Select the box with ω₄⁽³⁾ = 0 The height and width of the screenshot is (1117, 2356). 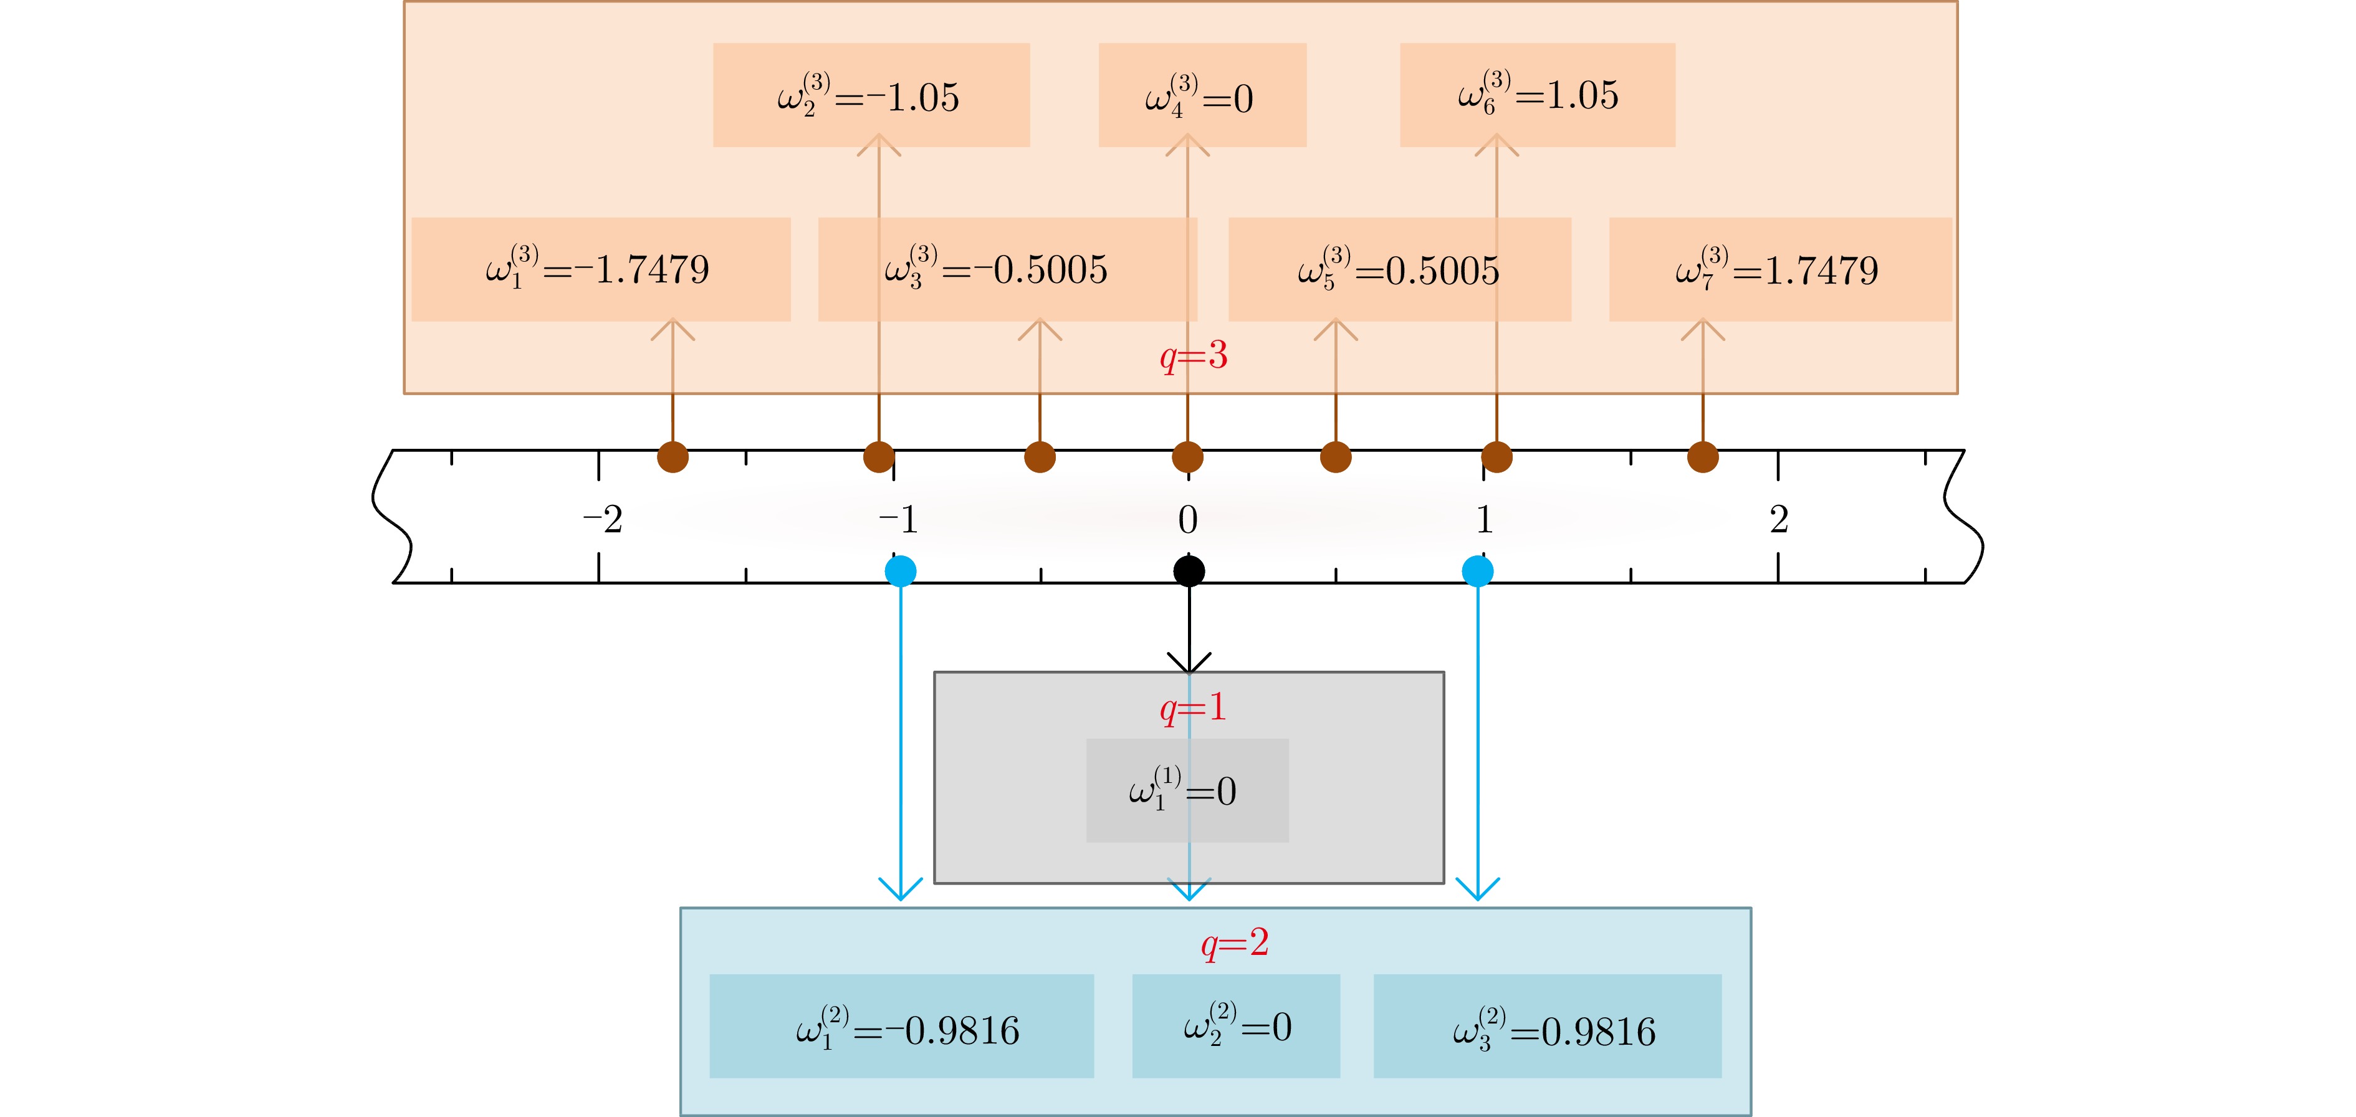click(1202, 95)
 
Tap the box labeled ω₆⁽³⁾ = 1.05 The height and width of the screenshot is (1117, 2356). click(1536, 95)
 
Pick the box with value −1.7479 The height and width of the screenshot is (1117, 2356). click(600, 269)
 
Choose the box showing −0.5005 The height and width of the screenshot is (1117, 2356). click(1006, 269)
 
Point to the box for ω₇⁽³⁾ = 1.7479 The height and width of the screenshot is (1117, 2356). click(1779, 269)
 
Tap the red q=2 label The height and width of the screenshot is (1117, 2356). click(1235, 943)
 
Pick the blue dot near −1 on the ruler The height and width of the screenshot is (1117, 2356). click(901, 572)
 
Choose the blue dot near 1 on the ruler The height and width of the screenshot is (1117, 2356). click(1478, 572)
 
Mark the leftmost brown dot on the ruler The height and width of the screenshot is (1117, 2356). click(673, 456)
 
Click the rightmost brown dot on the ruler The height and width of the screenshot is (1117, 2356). click(1703, 456)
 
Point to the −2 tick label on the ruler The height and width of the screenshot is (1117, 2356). click(603, 520)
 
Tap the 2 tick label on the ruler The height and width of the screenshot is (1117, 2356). click(1779, 520)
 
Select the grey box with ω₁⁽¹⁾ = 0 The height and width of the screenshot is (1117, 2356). click(1187, 790)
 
